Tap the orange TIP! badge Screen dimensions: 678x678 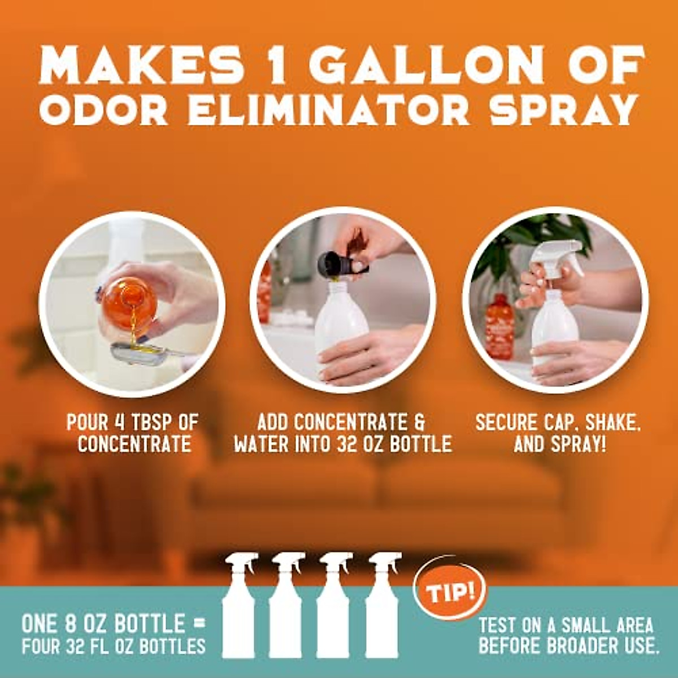point(450,592)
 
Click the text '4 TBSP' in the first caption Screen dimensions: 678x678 point(142,422)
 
